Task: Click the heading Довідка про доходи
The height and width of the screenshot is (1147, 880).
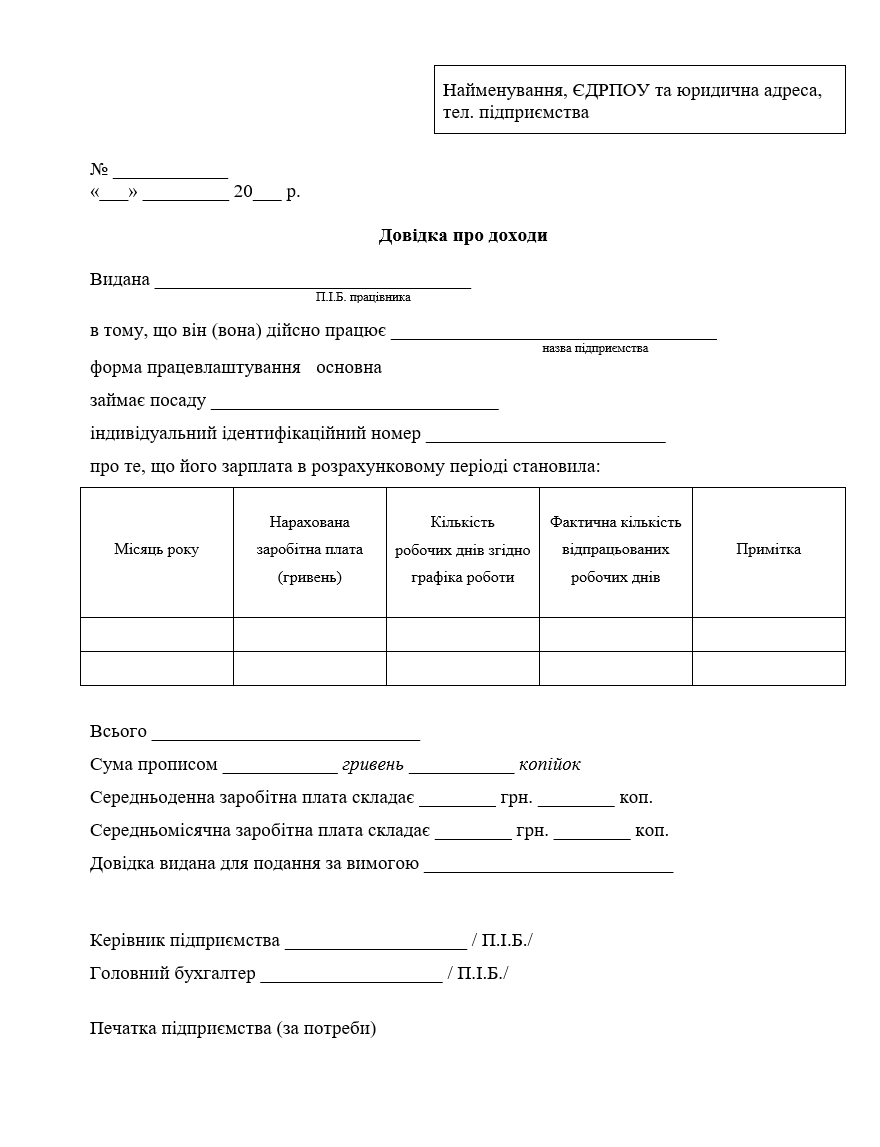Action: (463, 236)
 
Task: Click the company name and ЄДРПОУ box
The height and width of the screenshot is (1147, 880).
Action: (639, 100)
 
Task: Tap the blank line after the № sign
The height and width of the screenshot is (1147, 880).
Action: (170, 172)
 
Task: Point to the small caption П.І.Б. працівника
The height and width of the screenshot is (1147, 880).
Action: (363, 297)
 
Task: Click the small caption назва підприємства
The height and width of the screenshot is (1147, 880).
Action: (595, 349)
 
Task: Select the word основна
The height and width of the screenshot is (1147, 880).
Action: (349, 367)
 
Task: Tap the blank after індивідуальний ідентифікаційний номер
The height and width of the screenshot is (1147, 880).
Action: (545, 436)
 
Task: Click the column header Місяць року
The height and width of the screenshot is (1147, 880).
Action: (156, 550)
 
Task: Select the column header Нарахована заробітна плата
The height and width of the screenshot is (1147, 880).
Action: (310, 550)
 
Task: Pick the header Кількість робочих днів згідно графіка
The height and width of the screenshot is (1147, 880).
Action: (463, 550)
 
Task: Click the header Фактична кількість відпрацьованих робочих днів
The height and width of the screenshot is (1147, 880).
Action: (616, 550)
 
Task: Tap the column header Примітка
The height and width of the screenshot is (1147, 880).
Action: (768, 549)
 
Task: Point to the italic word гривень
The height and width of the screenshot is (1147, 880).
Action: (373, 765)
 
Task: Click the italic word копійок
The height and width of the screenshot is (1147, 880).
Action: (549, 765)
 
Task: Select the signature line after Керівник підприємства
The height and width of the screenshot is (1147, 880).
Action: (375, 943)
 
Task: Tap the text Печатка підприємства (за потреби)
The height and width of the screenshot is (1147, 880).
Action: (233, 1028)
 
